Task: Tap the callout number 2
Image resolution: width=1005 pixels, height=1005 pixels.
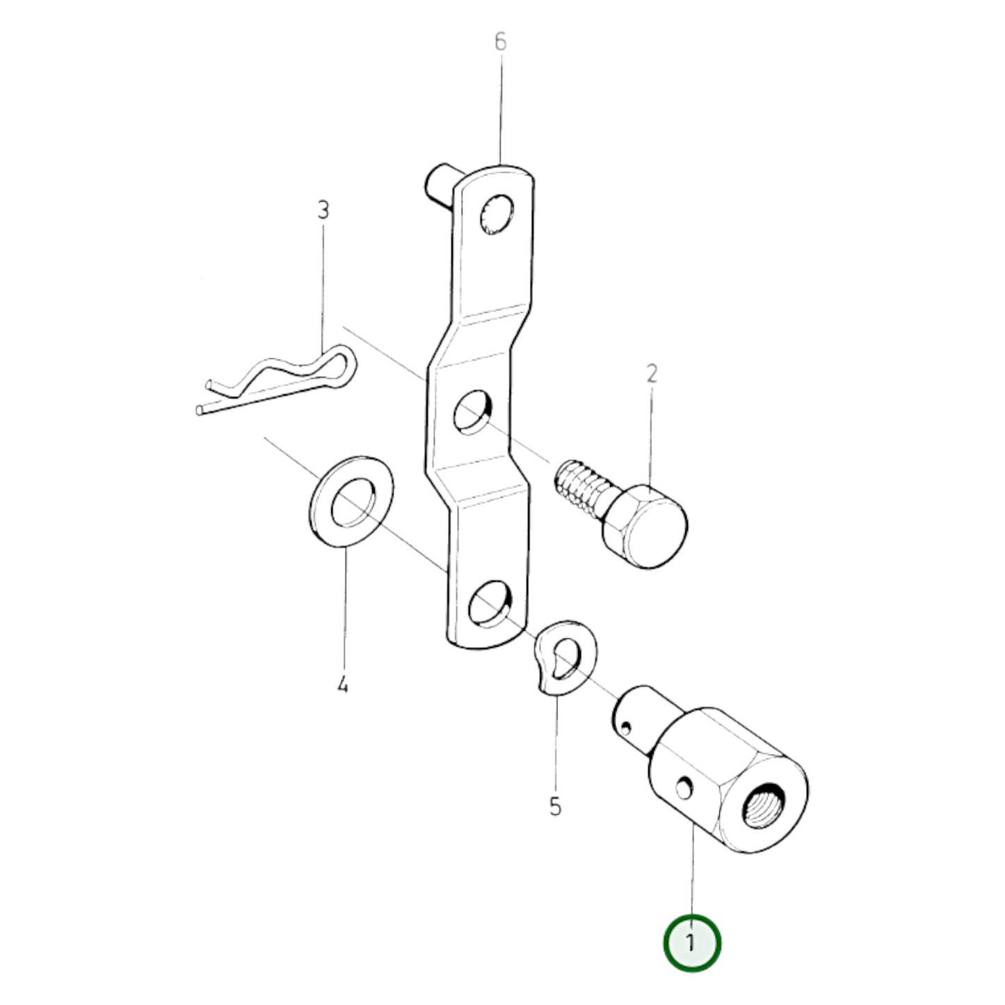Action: pos(652,374)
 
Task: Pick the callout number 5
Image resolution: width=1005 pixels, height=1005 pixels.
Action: pos(555,807)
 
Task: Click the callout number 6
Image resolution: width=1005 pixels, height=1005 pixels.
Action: pos(500,42)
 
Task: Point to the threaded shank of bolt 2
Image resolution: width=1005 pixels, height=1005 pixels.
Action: pos(578,488)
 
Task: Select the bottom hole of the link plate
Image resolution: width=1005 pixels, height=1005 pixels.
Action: pos(490,603)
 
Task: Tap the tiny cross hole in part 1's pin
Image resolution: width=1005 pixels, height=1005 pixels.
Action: pos(627,727)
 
